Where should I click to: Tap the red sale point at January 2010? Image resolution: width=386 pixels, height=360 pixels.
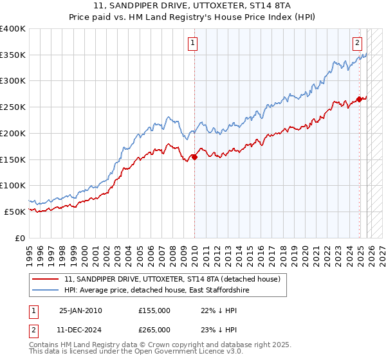(x=194, y=157)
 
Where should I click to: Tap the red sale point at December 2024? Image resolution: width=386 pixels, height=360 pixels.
(x=359, y=99)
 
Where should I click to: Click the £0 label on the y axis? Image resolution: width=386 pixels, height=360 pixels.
(x=20, y=238)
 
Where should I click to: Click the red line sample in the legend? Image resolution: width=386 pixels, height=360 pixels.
(x=46, y=280)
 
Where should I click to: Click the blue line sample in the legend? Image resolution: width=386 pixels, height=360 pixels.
(x=46, y=291)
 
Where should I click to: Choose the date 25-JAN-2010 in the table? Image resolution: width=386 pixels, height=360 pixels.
(x=80, y=310)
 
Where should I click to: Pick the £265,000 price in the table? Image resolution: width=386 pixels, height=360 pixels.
(x=154, y=329)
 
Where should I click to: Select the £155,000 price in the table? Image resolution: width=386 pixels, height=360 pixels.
(x=154, y=310)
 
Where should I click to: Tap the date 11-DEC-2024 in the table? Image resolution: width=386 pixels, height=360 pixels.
(x=80, y=329)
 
